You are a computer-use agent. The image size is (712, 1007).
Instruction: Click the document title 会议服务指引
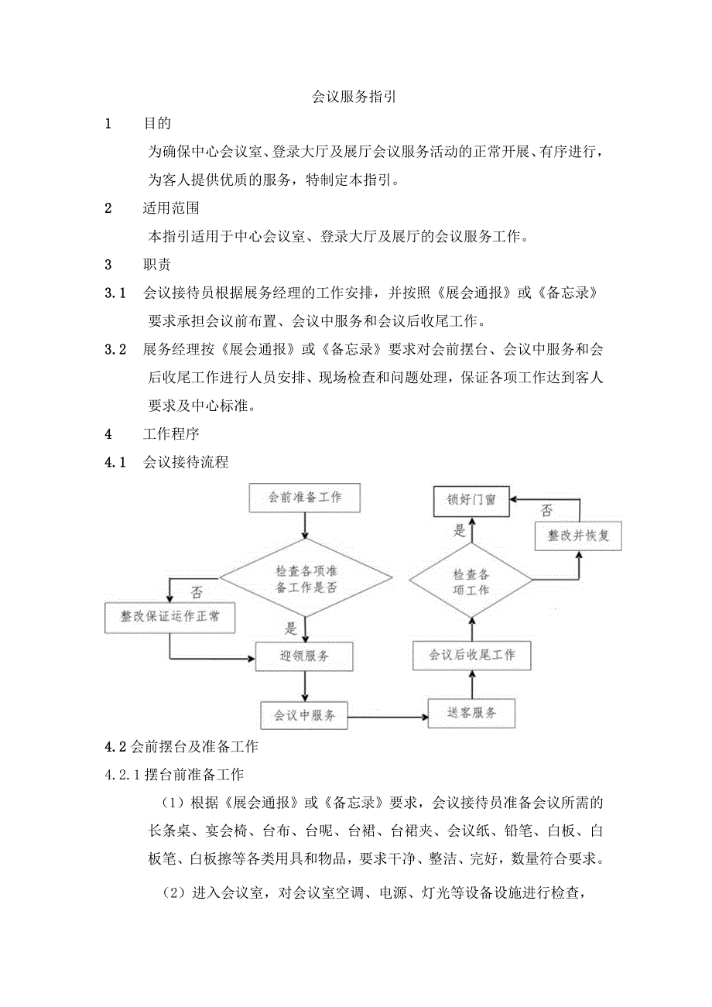pos(354,98)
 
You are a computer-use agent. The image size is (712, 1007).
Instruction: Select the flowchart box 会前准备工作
pos(305,498)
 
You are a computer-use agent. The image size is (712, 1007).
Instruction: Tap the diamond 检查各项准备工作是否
pos(306,579)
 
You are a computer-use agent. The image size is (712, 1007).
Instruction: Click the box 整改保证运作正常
pos(169,617)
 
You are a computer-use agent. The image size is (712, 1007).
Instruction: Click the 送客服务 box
pos(471,713)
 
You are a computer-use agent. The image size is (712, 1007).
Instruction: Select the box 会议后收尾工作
pos(472,655)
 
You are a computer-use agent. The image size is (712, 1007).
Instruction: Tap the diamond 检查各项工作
pos(471,581)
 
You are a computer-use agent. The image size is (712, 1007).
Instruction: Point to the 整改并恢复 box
pos(578,536)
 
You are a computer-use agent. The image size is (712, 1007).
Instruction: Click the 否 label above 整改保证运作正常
pos(197,593)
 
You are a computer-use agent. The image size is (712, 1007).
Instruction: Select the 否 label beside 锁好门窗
pos(546,510)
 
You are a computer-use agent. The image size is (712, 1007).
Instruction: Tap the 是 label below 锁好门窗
pos(460,531)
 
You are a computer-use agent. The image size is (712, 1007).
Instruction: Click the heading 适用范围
pos(170,207)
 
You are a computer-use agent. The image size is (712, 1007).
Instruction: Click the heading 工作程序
pos(170,434)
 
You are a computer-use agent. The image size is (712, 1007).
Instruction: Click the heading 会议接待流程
pos(186,462)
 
